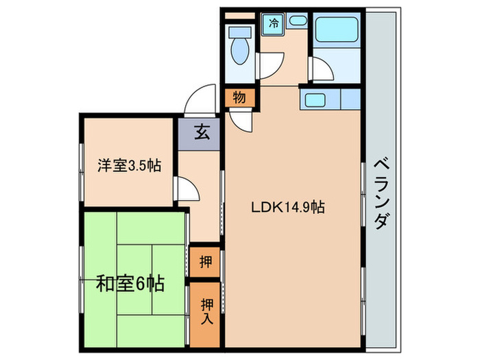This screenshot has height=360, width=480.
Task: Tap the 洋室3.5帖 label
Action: point(129,165)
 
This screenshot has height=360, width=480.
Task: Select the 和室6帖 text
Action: point(130,283)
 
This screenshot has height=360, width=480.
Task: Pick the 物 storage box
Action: point(239,97)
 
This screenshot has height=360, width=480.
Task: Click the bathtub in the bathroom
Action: point(336,31)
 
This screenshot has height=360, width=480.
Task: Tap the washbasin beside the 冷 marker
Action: point(297,21)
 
